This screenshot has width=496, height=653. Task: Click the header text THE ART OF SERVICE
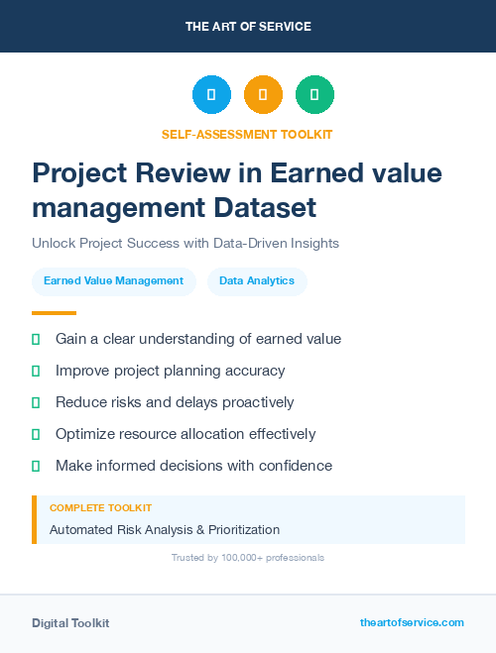pos(248,27)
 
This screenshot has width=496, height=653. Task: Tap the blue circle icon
pos(211,95)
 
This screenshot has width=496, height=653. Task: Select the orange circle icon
pos(263,95)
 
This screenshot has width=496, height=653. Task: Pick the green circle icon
pos(314,95)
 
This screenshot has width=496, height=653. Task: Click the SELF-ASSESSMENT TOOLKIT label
pos(248,135)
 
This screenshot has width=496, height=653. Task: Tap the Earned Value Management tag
pos(113,280)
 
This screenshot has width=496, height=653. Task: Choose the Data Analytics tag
pos(257,280)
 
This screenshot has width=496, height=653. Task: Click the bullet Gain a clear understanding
pos(197,339)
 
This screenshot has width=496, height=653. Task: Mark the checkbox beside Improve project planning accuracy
pos(36,371)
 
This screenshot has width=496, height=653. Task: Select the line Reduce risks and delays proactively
pos(175,402)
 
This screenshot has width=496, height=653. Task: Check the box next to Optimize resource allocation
pos(36,434)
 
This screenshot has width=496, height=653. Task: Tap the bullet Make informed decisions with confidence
pos(193,466)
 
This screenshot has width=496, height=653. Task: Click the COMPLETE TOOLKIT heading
pos(100,508)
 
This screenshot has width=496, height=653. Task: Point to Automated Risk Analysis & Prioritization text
pos(165,530)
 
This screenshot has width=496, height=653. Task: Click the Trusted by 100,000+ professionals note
pos(248,558)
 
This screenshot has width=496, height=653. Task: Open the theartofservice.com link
pos(412,622)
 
